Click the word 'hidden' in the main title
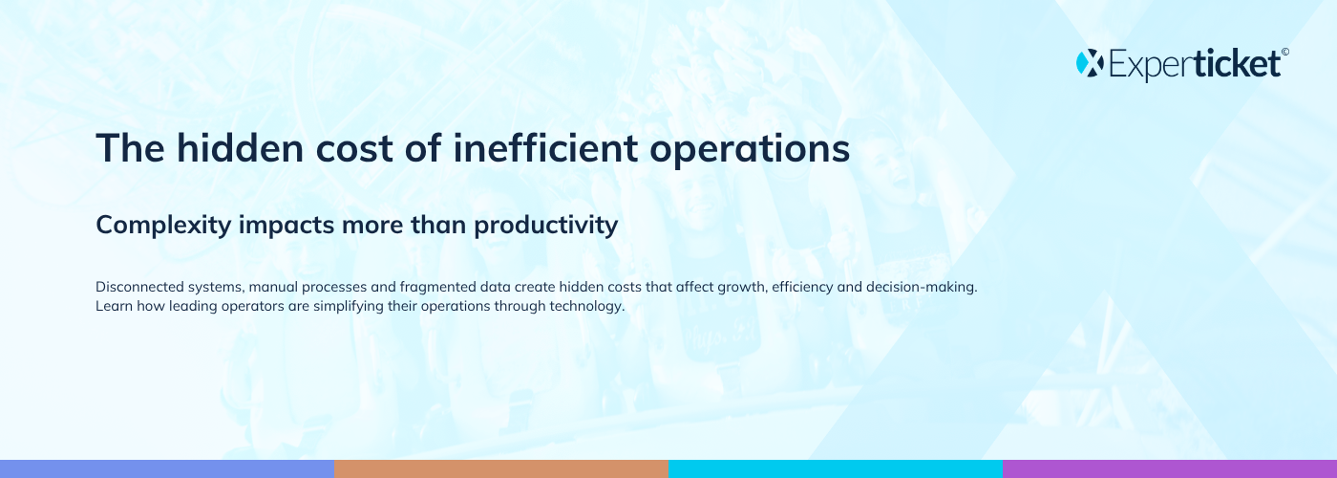(x=240, y=147)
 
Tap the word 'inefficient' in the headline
(x=545, y=147)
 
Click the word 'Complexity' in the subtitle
(x=163, y=226)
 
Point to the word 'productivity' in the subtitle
(x=546, y=226)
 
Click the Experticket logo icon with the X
(x=1090, y=63)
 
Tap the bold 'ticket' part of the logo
(x=1238, y=63)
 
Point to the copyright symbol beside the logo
(x=1285, y=52)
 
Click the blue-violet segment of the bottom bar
(x=167, y=469)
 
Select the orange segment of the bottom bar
(x=501, y=469)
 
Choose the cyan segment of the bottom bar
(x=836, y=469)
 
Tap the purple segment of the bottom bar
(x=1170, y=469)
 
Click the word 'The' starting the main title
(x=130, y=147)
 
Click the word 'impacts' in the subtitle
(x=286, y=226)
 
